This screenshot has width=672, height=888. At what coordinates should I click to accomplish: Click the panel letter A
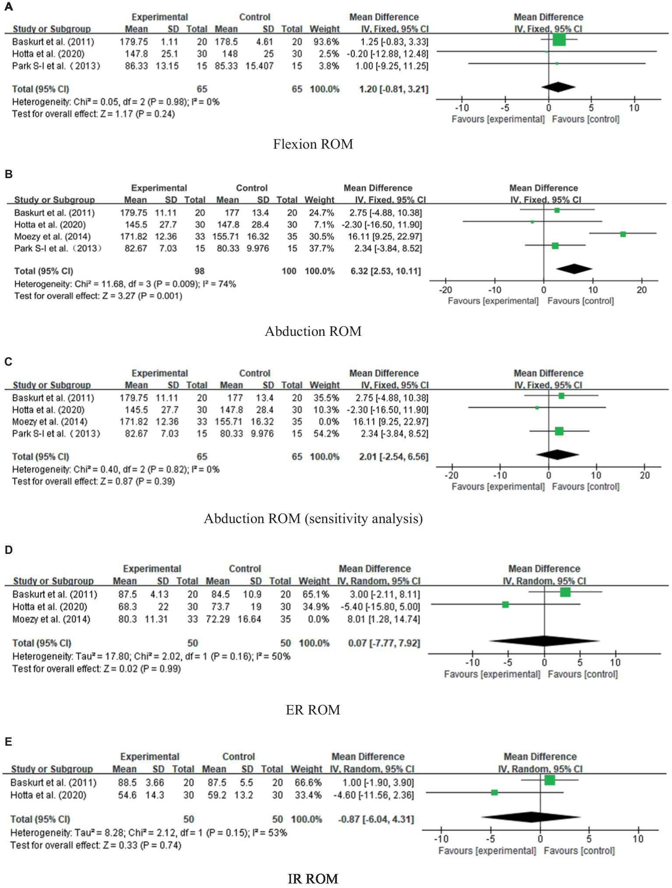coord(8,7)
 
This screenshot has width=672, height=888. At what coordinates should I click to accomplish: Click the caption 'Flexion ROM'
coord(313,144)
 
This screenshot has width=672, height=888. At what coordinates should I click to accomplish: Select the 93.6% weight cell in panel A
coord(324,42)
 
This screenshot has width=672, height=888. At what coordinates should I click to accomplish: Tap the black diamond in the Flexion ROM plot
coord(558,87)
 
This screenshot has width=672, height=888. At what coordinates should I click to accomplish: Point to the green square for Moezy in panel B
coord(623,234)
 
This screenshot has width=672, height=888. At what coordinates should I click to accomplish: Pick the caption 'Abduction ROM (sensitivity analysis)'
coord(313,518)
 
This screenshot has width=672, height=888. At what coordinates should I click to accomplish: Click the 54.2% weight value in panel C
coord(324,433)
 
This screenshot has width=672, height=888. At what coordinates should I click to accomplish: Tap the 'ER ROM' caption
coord(313,710)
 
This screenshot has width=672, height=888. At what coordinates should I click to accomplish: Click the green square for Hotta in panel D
coord(505,605)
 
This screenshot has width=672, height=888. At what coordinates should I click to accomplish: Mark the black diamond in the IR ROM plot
coord(531,817)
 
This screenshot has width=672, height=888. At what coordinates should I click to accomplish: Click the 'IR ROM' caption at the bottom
coord(313,878)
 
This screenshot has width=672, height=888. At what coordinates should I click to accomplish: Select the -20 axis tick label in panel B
coord(445,290)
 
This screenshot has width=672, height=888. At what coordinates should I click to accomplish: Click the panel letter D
coord(8,550)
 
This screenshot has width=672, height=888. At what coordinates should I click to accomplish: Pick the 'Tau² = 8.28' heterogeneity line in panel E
coord(148,832)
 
